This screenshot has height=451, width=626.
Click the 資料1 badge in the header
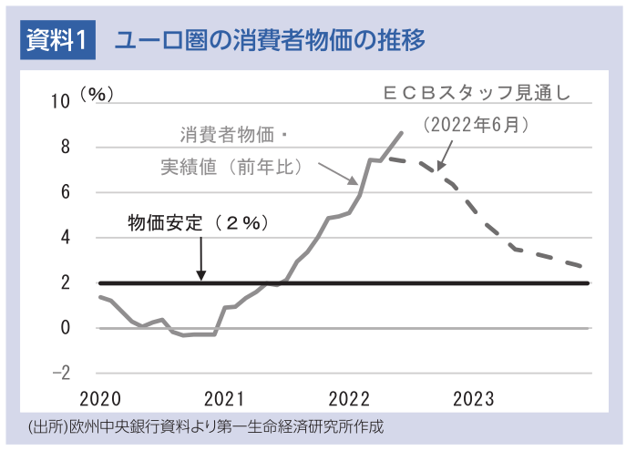(57, 41)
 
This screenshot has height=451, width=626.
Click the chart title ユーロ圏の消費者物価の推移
(269, 41)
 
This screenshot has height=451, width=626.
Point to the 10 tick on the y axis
(60, 101)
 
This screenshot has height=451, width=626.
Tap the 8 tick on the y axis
(65, 147)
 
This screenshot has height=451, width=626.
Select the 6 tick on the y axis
(65, 192)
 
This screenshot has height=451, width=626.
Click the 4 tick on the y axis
(65, 238)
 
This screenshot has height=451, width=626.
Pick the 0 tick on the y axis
(65, 328)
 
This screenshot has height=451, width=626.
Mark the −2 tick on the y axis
(61, 374)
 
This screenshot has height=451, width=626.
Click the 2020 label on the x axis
(100, 399)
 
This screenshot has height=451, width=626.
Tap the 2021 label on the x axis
(224, 399)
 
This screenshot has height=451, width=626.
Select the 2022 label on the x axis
(349, 399)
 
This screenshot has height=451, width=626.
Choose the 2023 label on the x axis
(473, 399)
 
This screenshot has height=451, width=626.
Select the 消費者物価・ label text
(233, 137)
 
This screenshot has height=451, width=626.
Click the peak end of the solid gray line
(401, 133)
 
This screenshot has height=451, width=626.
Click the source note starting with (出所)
(205, 426)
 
